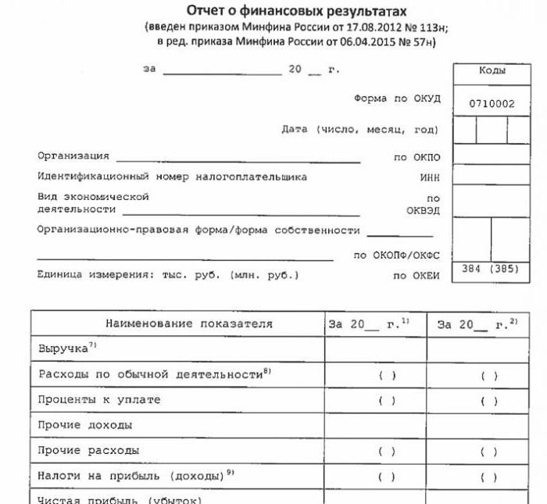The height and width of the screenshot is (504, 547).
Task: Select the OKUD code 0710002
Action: pos(492,103)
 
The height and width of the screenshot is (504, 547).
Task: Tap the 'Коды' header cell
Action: pos(492,70)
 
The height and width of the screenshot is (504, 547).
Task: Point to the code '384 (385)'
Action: pos(492,269)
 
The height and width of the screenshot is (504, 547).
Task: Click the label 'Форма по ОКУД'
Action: pos(397,99)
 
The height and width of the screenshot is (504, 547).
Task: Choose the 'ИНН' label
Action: pos(430,177)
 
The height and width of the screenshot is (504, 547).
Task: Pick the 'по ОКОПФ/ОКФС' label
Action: pos(397,256)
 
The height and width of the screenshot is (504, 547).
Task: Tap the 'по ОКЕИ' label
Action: pos(416,276)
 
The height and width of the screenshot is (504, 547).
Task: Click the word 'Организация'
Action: pos(73,156)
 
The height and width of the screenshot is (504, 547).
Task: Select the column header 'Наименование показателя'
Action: pos(177,323)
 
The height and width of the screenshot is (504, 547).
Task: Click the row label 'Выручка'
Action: pos(63,349)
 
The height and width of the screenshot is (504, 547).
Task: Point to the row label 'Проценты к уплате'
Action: pos(99,400)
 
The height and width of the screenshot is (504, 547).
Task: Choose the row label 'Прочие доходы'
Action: pos(85,426)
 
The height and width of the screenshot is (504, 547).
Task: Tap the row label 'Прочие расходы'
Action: pos(89,451)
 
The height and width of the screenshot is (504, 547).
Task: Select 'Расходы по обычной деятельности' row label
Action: pos(150,375)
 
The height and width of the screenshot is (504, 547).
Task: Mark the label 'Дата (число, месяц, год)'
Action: pos(359,130)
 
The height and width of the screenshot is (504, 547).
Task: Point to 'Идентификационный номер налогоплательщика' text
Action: pos(172,177)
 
